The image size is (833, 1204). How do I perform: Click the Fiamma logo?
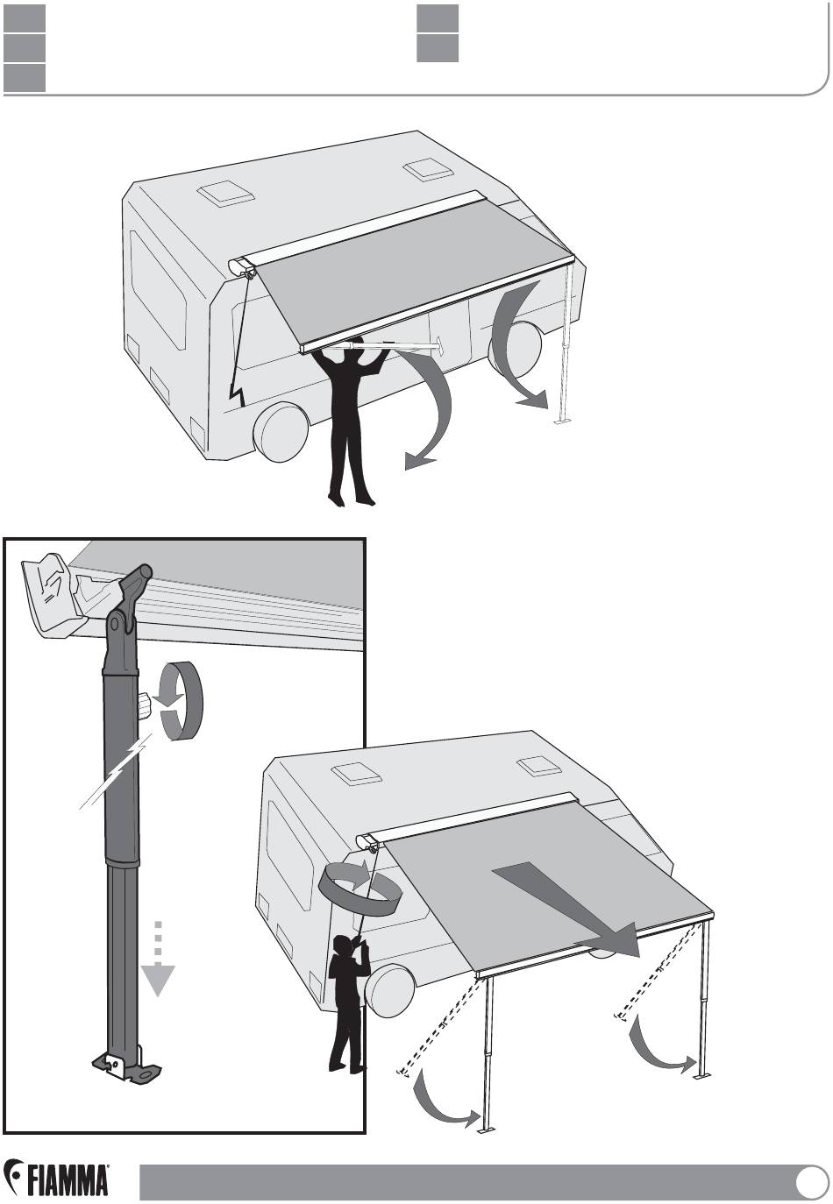[56, 1177]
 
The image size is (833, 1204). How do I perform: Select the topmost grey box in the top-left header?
[25, 18]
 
